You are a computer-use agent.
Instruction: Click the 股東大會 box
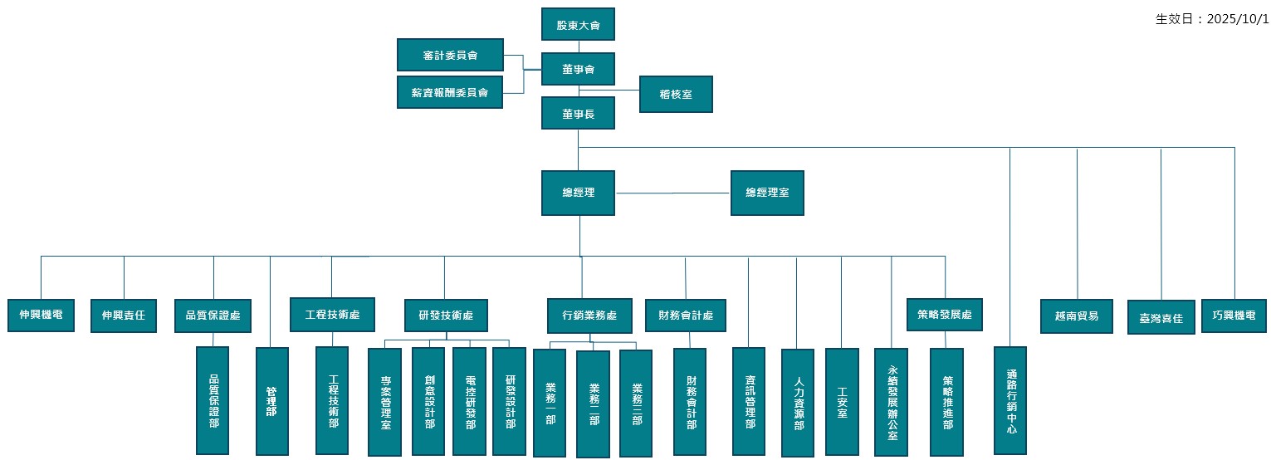[578, 25]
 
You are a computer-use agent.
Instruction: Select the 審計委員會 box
[450, 55]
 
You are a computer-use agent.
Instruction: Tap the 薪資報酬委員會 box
[450, 92]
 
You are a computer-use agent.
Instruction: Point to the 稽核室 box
[676, 95]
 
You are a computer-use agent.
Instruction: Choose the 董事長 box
[578, 113]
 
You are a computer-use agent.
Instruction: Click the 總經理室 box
[767, 193]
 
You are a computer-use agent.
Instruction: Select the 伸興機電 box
[42, 316]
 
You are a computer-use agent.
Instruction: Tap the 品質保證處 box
[213, 316]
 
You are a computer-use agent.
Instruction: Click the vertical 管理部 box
[271, 401]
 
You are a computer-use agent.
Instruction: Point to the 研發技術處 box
[446, 316]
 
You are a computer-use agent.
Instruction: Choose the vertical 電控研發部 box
[469, 401]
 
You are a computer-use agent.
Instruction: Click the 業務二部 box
[593, 404]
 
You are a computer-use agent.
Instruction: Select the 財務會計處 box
[686, 316]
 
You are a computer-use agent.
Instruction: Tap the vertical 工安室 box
[842, 401]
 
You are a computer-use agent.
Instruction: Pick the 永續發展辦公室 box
[892, 402]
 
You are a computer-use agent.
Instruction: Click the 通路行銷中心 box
[1010, 400]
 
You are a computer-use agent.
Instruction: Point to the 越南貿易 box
[1076, 316]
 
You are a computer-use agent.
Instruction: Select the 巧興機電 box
[1234, 316]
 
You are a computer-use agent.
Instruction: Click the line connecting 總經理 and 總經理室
[672, 193]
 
